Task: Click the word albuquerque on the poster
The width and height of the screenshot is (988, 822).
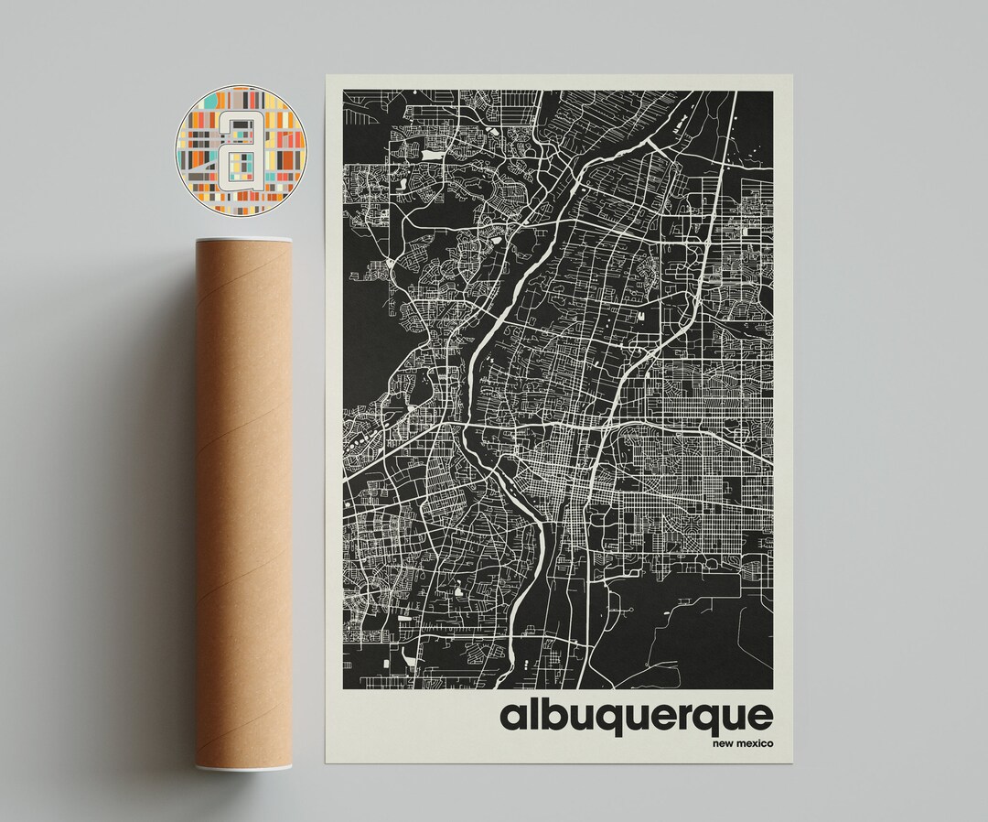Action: coord(636,717)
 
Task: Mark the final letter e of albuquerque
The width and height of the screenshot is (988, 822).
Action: coord(758,717)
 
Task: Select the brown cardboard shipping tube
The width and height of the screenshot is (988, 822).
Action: coord(242,503)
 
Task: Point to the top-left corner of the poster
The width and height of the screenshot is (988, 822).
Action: coord(327,77)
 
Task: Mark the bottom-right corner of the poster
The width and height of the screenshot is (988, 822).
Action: coord(793,762)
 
